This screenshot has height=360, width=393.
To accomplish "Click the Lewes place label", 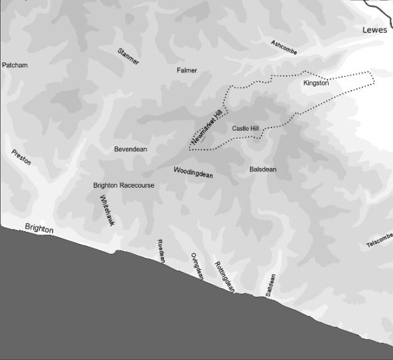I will click(375, 30).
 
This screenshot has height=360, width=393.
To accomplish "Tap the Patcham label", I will click(15, 65).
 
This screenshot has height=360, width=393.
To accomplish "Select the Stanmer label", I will click(128, 56).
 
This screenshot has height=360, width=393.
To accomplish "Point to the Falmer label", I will click(187, 70).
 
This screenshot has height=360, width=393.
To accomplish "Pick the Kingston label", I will click(316, 83).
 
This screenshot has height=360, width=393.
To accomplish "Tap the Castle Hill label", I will click(245, 128).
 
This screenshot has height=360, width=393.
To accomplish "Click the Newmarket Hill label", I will click(207, 127).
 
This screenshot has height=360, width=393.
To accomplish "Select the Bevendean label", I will click(131, 148).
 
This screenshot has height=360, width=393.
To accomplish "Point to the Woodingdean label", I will click(193, 172).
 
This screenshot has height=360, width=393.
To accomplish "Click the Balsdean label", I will click(263, 169).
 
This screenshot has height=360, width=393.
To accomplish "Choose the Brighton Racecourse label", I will click(124, 185).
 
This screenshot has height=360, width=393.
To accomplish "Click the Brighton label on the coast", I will click(39, 228).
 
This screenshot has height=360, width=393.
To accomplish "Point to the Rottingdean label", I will click(224, 277).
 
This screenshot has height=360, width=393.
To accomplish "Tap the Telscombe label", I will click(379, 241).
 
